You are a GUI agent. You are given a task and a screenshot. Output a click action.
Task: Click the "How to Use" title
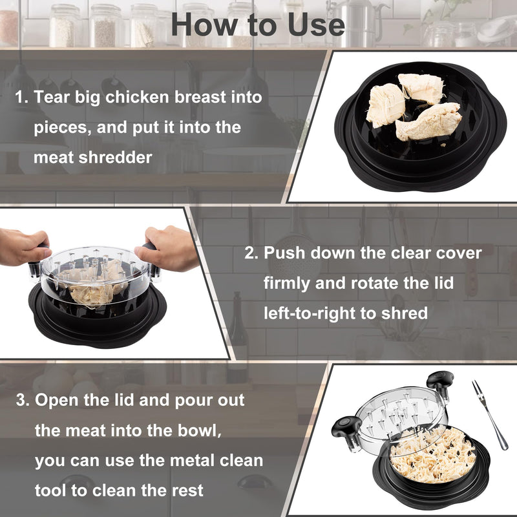coord(258,25)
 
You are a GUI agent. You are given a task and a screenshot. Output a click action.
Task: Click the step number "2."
coord(252,253)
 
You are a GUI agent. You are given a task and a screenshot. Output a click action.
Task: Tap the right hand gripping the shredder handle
coord(170,247)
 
